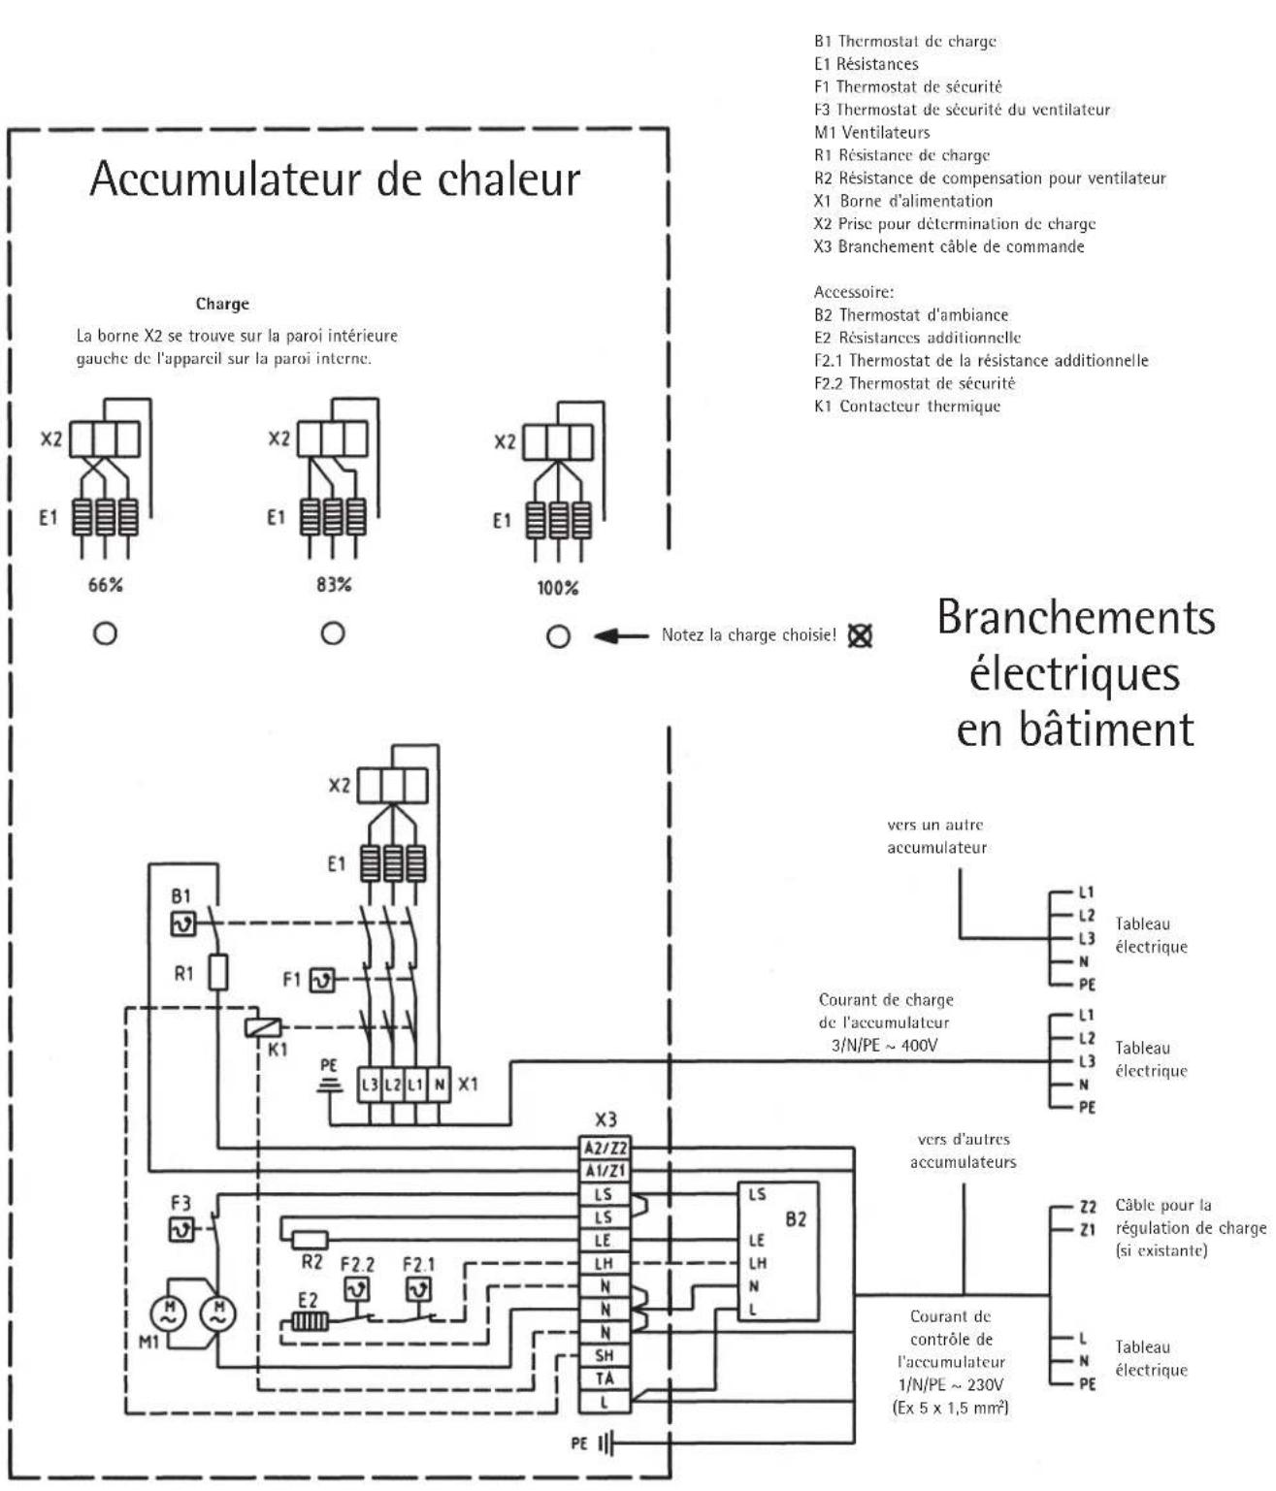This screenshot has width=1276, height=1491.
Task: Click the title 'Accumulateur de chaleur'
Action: coord(335,178)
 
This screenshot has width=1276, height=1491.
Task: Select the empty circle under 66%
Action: coord(105,633)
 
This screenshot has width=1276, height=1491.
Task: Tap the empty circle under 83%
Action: coord(333,633)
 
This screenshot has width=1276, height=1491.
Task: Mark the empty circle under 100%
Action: coord(558,636)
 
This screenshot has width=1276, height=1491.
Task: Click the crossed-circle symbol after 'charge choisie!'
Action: coord(859,636)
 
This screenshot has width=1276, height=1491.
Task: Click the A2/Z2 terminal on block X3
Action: coord(604,1148)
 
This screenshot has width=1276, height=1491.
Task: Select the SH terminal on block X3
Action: coord(604,1355)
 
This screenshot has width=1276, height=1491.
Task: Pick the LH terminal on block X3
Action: coord(604,1263)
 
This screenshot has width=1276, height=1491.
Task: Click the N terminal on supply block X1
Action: coord(439,1085)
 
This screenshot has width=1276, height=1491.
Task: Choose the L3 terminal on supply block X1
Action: coord(370,1085)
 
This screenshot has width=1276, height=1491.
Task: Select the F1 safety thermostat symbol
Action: coord(321,981)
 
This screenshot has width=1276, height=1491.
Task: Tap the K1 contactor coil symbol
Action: coord(265,1028)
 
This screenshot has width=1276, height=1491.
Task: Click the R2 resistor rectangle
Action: coord(311,1239)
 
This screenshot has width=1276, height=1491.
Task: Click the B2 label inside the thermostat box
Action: coord(795,1219)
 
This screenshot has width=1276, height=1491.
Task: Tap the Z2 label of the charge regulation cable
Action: coord(1088,1207)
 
